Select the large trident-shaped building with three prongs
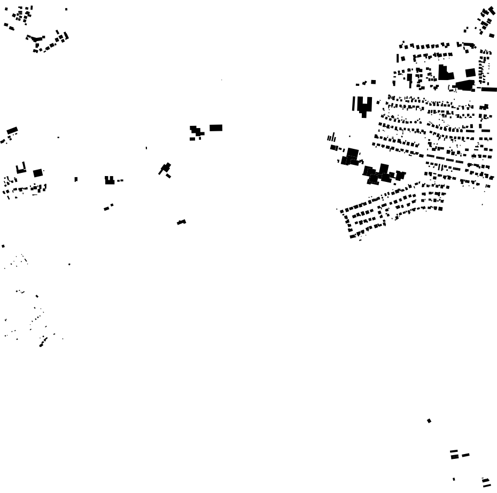click(364, 105)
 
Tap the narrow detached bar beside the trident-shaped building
click(353, 103)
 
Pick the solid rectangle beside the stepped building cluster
click(216, 128)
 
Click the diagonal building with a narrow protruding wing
click(165, 168)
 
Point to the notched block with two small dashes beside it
click(110, 180)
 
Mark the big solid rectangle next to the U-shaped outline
click(37, 173)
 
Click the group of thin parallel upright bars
click(331, 138)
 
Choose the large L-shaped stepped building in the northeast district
click(444, 73)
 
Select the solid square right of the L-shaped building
click(470, 73)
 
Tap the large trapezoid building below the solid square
click(465, 85)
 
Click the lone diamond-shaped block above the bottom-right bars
click(429, 421)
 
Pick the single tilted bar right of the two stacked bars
click(465, 455)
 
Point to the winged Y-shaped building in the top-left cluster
click(36, 38)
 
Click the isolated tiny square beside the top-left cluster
click(66, 9)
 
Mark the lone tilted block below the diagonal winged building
click(182, 221)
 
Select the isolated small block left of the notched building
click(76, 179)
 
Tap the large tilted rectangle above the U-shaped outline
click(12, 130)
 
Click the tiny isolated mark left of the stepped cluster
click(146, 148)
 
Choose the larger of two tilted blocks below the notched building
click(106, 208)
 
